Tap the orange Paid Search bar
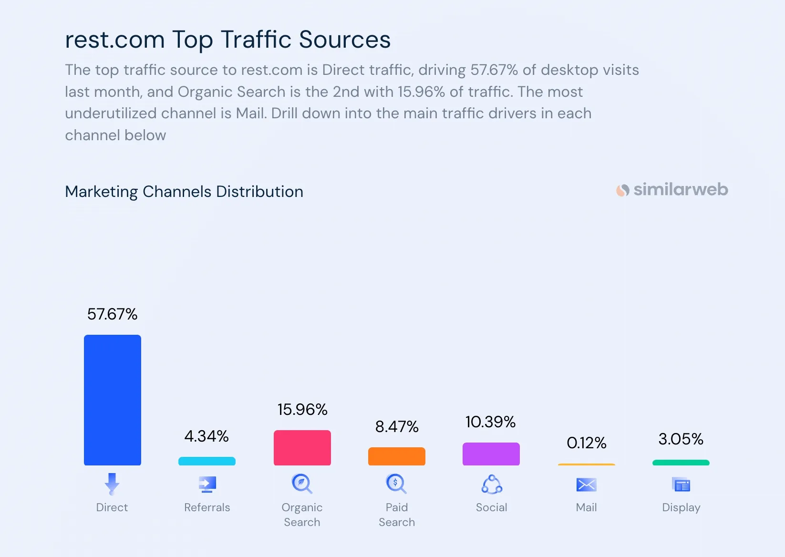[396, 456]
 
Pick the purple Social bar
[491, 454]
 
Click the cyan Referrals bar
[207, 461]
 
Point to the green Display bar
[681, 463]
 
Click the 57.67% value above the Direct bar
[112, 314]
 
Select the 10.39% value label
[490, 422]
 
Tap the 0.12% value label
[586, 443]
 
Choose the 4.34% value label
[207, 436]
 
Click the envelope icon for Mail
[586, 485]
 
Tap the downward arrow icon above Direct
[112, 484]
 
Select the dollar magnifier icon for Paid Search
[396, 484]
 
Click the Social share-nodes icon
[491, 485]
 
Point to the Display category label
[681, 507]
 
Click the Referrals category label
[207, 507]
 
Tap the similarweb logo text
[680, 190]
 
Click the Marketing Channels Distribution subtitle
[184, 192]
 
